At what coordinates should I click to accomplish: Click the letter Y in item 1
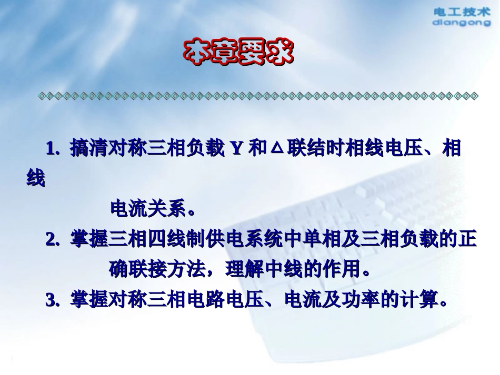(237, 149)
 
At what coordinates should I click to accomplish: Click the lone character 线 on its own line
(36, 179)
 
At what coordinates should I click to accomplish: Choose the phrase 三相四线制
(158, 240)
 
